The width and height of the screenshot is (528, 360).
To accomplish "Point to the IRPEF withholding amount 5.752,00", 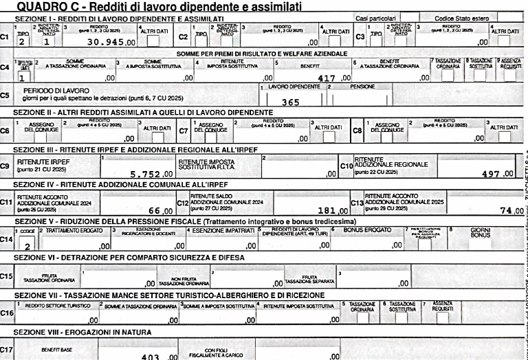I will click(x=144, y=173).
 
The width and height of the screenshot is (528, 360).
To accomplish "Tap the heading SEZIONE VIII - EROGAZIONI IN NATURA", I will click(x=78, y=333).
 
